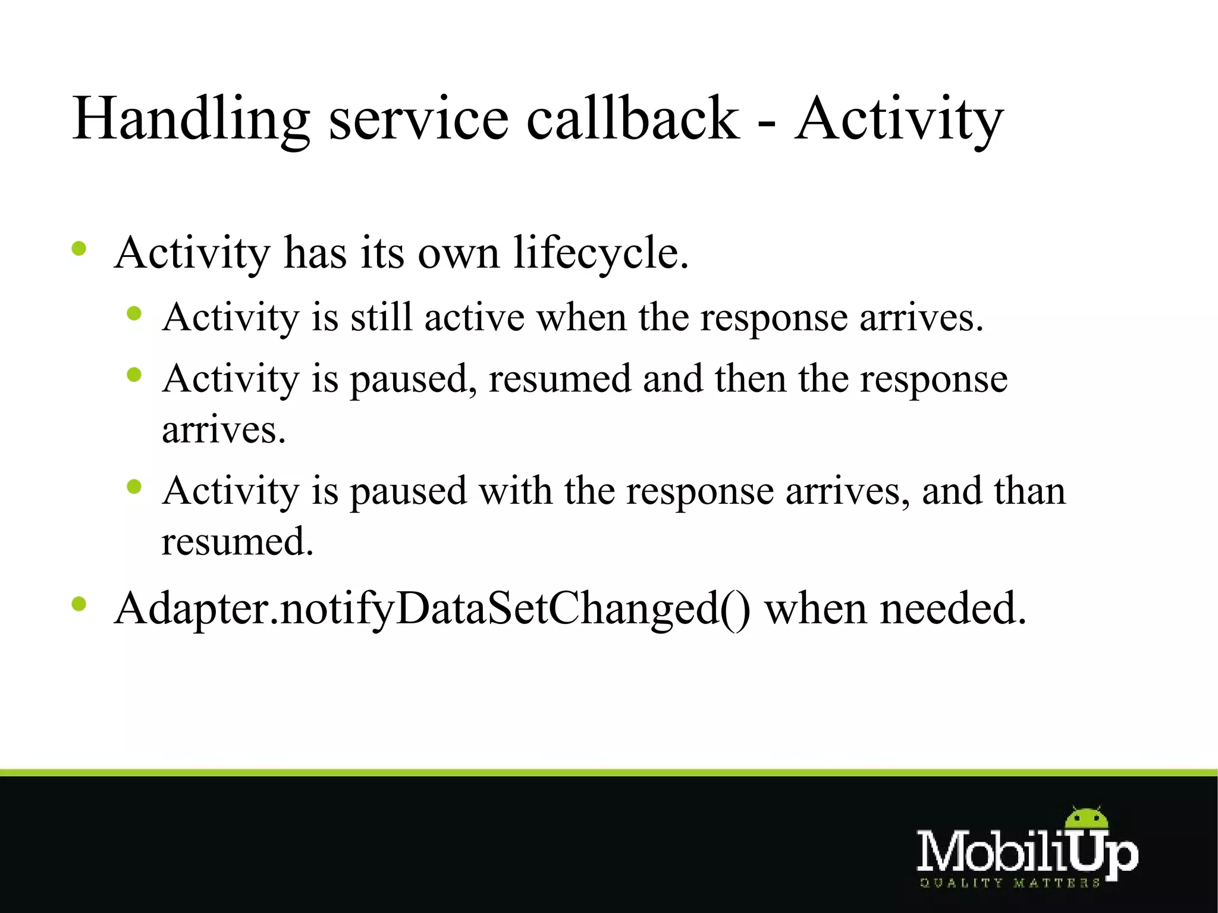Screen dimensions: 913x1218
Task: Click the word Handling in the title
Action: click(190, 119)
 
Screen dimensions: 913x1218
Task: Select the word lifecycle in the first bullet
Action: click(601, 253)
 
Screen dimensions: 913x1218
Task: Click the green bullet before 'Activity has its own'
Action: click(79, 249)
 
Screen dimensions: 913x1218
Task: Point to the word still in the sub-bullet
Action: click(381, 317)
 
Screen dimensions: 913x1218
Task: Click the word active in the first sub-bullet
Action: click(474, 317)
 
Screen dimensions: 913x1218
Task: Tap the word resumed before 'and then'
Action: click(559, 379)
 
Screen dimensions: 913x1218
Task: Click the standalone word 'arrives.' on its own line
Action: click(224, 430)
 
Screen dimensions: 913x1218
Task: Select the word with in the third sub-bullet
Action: click(516, 492)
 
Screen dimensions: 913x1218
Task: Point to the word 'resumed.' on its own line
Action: click(237, 542)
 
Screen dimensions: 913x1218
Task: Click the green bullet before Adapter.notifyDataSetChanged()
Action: click(79, 605)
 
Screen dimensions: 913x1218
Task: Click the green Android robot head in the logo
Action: click(1087, 820)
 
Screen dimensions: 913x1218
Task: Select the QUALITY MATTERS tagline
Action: click(1009, 883)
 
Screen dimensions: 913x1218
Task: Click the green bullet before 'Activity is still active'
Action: click(134, 313)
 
